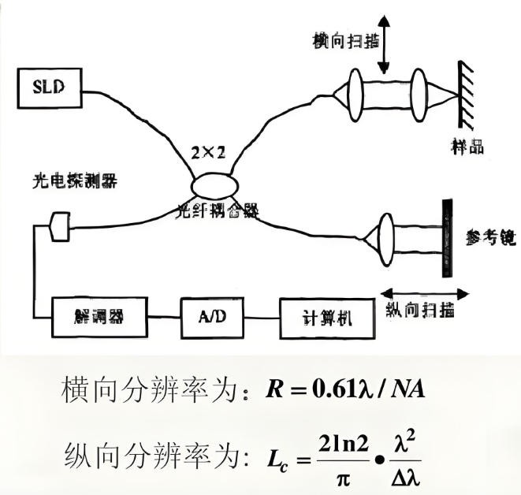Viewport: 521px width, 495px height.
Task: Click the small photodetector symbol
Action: (59, 227)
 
